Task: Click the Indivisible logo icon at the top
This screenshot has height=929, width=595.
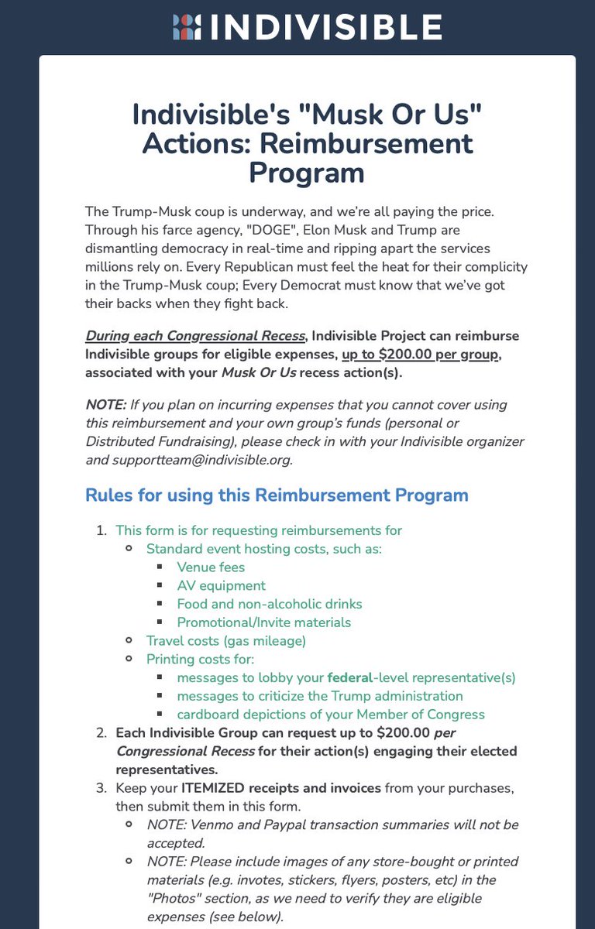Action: point(186,26)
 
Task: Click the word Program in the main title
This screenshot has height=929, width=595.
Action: point(307,172)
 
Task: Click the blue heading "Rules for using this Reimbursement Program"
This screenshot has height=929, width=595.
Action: point(277,495)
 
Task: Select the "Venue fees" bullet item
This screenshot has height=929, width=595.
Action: point(211,567)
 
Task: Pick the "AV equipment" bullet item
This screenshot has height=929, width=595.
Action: point(221,586)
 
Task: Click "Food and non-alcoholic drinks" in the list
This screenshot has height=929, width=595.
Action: point(269,604)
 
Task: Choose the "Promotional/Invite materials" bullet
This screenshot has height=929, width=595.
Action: point(263,622)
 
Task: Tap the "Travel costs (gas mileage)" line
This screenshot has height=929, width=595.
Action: point(226,641)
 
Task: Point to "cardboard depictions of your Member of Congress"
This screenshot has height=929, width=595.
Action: point(331,715)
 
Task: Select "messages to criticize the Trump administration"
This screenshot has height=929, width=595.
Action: point(320,696)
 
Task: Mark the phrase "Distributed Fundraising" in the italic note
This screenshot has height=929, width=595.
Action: point(160,441)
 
